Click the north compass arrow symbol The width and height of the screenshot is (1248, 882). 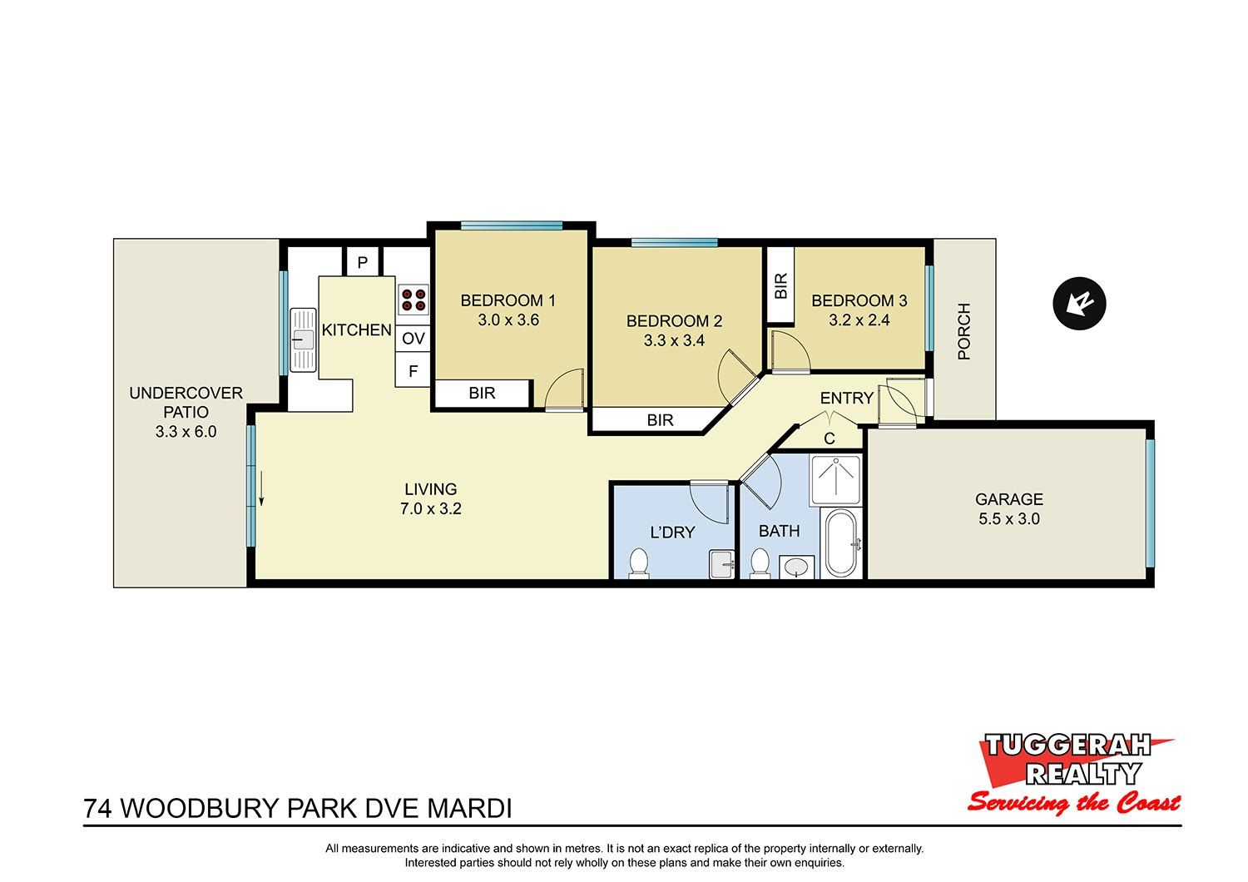(1079, 304)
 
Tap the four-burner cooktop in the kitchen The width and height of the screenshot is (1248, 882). (414, 300)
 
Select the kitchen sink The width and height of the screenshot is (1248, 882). (303, 339)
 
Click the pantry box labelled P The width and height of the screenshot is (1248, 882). (362, 262)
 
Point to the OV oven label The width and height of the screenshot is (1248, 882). (414, 338)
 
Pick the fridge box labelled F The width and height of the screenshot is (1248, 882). (413, 371)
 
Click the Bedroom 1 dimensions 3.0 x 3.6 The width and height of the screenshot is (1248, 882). (508, 320)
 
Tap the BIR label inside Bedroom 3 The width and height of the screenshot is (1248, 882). (781, 286)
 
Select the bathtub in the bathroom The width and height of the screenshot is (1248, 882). (841, 543)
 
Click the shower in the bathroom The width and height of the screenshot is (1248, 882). (835, 480)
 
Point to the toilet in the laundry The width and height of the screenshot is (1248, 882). (638, 563)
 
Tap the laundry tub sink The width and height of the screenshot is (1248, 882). (722, 564)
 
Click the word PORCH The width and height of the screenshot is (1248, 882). (963, 331)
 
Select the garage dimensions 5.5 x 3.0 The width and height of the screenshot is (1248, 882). (1009, 518)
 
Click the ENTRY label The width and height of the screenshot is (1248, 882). (847, 398)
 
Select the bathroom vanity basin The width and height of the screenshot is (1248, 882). (796, 567)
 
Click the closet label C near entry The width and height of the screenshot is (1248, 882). (830, 439)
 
